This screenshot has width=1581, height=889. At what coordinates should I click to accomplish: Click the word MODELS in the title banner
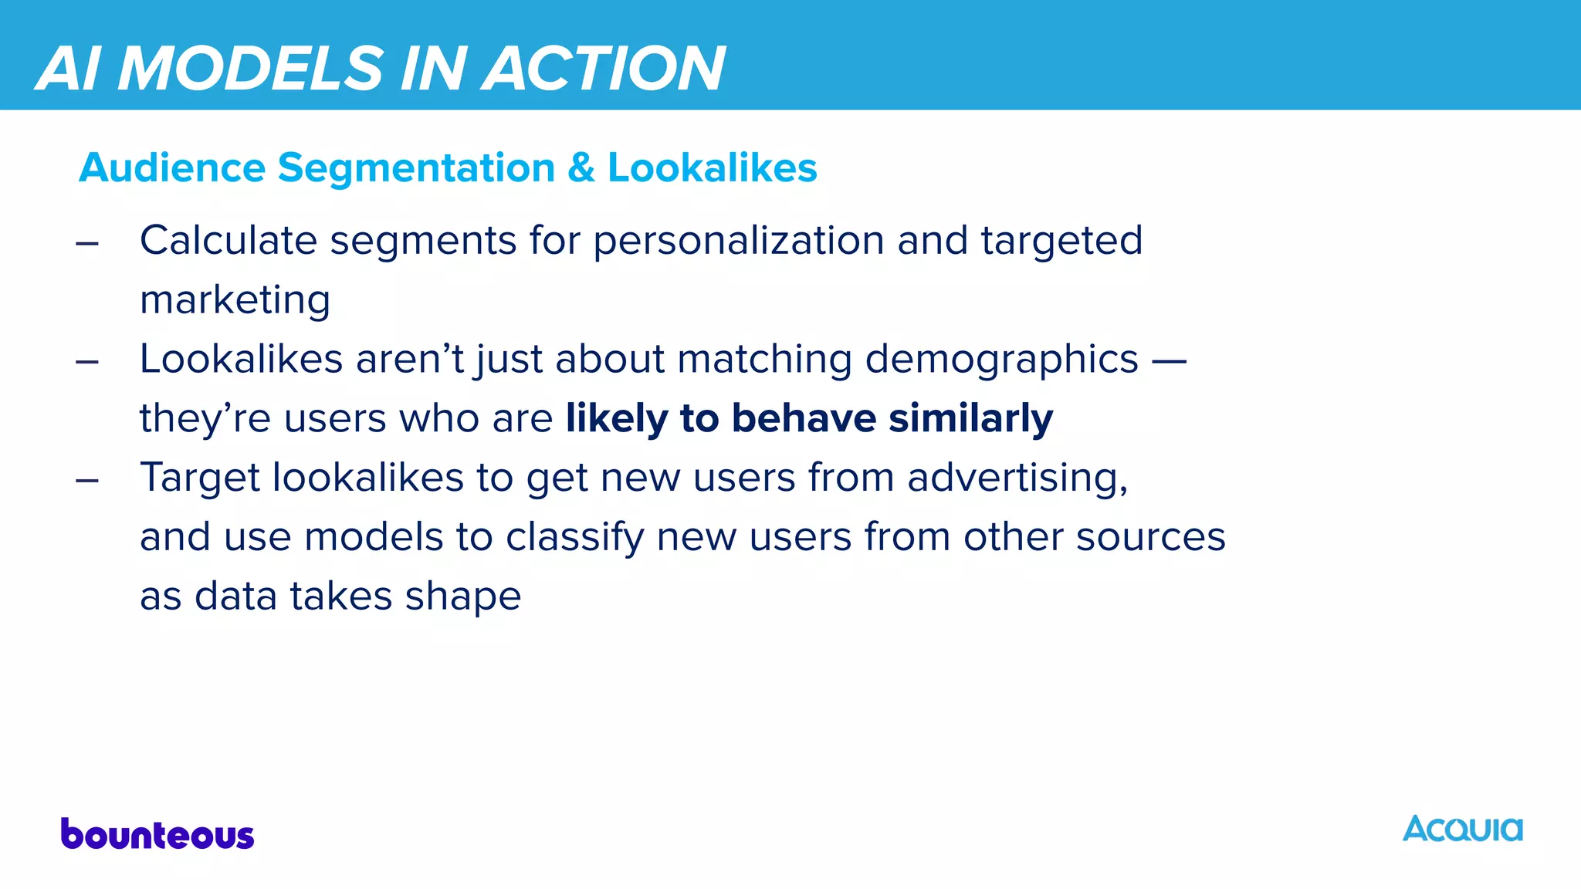pos(252,68)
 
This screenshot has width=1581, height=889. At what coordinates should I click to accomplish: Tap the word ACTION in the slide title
pos(605,68)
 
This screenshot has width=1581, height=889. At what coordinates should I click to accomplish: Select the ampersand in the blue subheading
pos(581,167)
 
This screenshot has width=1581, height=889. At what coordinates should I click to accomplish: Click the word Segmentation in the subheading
pos(416,168)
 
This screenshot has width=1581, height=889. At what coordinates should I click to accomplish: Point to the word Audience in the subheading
pos(172,167)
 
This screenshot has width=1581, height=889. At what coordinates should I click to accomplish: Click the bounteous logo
pos(157,834)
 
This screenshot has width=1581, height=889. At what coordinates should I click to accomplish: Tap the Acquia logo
pos(1462,829)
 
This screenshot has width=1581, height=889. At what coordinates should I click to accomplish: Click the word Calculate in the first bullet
pos(229,240)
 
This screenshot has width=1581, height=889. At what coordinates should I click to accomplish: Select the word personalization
pos(738,240)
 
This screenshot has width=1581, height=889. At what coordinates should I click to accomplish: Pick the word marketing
pos(235,299)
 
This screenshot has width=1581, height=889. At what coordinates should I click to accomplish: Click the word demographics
pos(1001,359)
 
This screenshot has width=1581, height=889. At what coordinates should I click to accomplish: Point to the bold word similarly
pos(970,418)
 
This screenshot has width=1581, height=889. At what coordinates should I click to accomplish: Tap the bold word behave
pos(804,418)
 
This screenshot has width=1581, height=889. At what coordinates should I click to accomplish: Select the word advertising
pos(1017,478)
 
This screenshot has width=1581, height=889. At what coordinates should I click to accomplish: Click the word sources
pos(1150,537)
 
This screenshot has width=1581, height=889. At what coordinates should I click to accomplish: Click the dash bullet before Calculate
pos(87,243)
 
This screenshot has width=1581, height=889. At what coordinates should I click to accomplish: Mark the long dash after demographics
pos(1168,360)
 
